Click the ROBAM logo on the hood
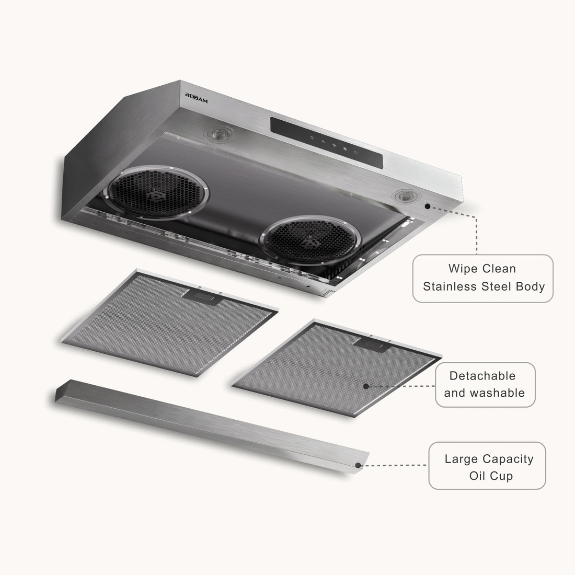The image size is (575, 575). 196,98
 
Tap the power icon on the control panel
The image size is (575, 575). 355,152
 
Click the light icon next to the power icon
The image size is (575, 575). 344,148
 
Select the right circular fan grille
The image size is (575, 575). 310,240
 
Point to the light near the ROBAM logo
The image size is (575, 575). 220,134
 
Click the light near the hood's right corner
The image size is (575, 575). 406,195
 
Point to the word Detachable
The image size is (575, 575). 482,376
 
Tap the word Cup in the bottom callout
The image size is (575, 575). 501,476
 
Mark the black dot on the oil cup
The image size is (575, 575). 358,465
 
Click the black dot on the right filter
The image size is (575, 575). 366,386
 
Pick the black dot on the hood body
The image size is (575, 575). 428,206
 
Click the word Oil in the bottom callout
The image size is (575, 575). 477,476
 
